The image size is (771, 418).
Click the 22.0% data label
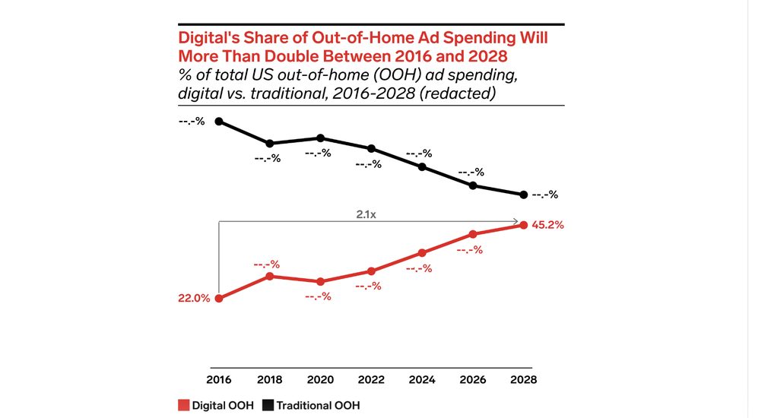click(x=193, y=299)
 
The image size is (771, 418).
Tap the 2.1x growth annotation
click(x=367, y=215)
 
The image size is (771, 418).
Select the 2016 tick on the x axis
click(x=219, y=379)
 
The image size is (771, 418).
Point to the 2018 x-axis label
click(x=270, y=379)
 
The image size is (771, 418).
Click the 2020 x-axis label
click(x=320, y=379)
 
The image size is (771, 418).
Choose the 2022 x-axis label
click(x=371, y=379)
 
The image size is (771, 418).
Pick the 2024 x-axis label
click(x=422, y=379)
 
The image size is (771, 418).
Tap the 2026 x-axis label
click(x=472, y=379)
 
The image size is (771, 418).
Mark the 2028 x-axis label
click(x=523, y=379)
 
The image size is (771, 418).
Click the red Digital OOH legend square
click(x=182, y=405)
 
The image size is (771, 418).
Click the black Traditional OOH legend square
click(x=268, y=405)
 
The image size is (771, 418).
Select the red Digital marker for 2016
click(x=219, y=298)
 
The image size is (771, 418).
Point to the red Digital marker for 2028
click(x=523, y=225)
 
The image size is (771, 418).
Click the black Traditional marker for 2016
click(x=219, y=121)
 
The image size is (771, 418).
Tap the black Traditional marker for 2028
click(x=523, y=195)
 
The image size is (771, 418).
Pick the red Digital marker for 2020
click(x=320, y=281)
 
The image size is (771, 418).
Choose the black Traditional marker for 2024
click(x=422, y=166)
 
